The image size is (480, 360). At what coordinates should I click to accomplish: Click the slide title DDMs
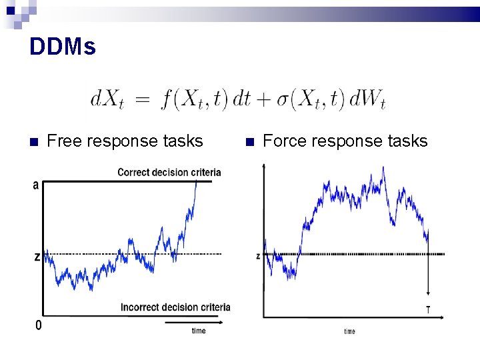pos(63,47)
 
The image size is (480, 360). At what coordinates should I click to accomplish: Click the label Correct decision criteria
pos(169,172)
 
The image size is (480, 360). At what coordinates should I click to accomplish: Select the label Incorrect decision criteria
pos(175,307)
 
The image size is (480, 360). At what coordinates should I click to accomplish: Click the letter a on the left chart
pos(35,185)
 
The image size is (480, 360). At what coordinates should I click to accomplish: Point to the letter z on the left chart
pos(37,257)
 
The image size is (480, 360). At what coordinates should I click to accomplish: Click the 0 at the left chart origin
pos(38,325)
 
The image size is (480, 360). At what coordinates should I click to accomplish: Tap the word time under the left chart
pos(199,331)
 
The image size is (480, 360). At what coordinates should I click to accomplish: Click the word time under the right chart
pos(349,331)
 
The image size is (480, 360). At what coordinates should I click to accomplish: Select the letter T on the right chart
pos(427,309)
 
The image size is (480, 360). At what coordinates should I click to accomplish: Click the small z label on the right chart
pos(258,256)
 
